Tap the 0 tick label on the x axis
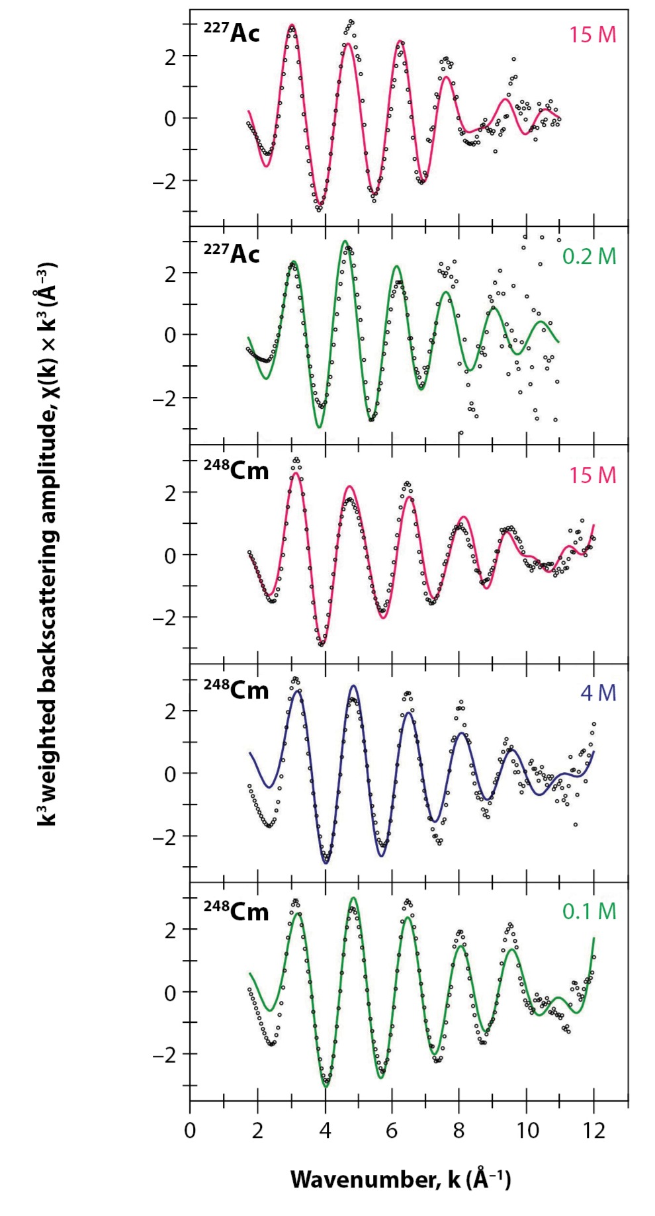(x=190, y=1131)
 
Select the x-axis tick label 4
(x=325, y=1131)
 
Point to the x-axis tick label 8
(x=459, y=1131)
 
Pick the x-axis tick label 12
(x=593, y=1131)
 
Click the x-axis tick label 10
(x=527, y=1131)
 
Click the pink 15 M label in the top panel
(x=592, y=34)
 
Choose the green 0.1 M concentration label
(x=589, y=911)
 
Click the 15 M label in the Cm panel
(x=592, y=475)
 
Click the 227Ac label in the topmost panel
(x=232, y=32)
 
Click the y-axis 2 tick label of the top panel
(x=171, y=56)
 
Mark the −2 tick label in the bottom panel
(x=165, y=1055)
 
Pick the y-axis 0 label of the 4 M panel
(x=171, y=773)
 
